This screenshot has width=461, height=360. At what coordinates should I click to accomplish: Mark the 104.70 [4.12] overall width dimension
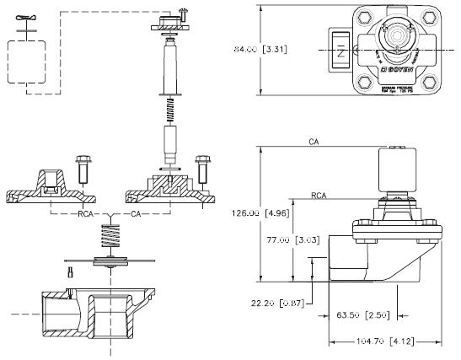pyautogui.click(x=383, y=342)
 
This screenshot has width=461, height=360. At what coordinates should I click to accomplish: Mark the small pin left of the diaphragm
pyautogui.click(x=72, y=271)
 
